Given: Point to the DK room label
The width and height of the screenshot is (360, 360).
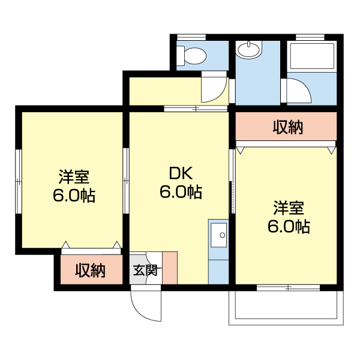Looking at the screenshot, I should pos(180,174).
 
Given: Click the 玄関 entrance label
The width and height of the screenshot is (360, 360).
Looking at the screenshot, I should pos(145,270).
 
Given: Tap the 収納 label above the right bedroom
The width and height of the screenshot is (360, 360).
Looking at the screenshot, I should pos(288,127).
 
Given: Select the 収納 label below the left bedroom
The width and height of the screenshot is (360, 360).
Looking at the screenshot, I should pos(91,271).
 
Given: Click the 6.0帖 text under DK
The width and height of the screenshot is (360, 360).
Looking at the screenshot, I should pos(180,193).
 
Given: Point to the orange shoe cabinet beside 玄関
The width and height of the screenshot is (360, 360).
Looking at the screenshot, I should pos(170,268).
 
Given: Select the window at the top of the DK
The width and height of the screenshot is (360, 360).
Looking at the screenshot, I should pos(196,109).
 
